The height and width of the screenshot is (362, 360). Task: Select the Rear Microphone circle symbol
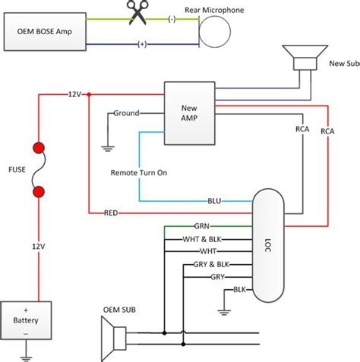[x=214, y=33]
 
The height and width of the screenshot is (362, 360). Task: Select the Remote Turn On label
[x=139, y=173]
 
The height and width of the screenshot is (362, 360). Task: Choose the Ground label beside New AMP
[x=126, y=113]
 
